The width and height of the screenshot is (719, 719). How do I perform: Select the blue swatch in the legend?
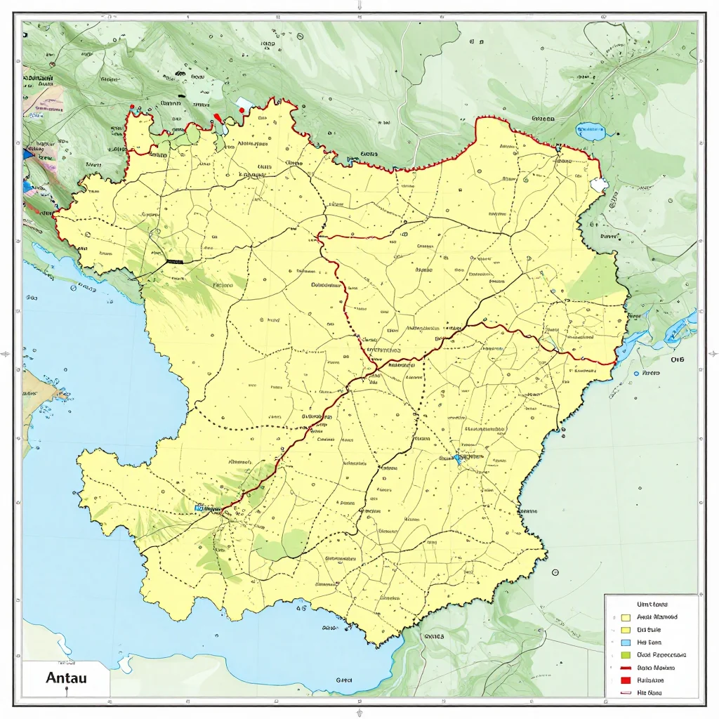tap(625, 642)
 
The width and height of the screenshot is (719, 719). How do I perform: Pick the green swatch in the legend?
tap(625, 654)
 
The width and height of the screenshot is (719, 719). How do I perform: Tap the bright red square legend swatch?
tap(625, 680)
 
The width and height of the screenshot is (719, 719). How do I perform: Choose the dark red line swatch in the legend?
tap(625, 667)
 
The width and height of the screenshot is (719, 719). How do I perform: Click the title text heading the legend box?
tap(651, 604)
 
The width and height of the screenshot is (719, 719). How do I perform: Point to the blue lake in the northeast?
tap(590, 129)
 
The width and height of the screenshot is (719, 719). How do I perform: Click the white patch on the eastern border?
tap(599, 185)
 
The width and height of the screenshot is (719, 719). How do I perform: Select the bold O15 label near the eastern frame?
tap(677, 359)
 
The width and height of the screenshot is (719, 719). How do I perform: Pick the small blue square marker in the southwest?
tap(198, 507)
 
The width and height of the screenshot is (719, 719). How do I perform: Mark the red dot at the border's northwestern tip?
tap(131, 107)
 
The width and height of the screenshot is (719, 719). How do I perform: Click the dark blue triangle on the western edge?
tap(28, 150)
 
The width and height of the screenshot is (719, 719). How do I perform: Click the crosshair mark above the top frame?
tap(359, 5)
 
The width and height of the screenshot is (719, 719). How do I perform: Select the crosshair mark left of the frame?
tap(6, 355)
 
